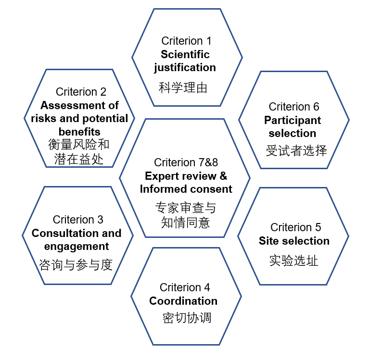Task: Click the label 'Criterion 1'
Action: coord(186,41)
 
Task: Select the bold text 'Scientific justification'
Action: coord(185,61)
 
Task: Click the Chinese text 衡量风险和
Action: coord(79,144)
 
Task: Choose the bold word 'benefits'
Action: coord(79,131)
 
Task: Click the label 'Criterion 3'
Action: coord(78,220)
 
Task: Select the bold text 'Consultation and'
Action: coord(76,233)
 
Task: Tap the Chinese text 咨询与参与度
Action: coord(76,264)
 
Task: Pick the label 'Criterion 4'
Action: coord(185,287)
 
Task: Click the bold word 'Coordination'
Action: coord(183,301)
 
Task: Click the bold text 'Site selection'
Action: coord(294,241)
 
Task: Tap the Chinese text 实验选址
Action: coord(293,261)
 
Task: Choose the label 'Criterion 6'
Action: coord(293,107)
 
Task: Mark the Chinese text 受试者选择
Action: coord(296,150)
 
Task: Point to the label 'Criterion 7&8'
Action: coord(186,162)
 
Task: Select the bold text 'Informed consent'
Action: coord(186,189)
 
